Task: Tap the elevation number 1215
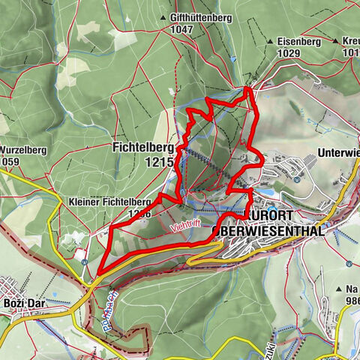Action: (x=160, y=161)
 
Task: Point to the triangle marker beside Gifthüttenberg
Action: (x=163, y=16)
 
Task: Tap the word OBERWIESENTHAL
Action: (x=268, y=231)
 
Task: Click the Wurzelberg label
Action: (x=24, y=150)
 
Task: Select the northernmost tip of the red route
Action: (x=247, y=88)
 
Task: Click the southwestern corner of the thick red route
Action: (x=98, y=274)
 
